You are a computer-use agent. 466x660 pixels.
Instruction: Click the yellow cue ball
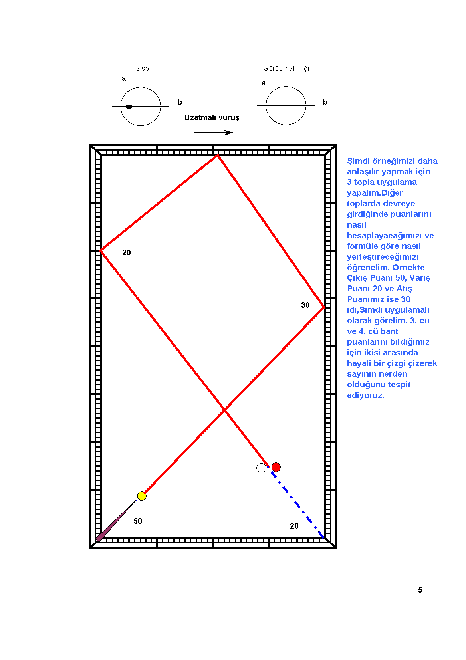tap(142, 496)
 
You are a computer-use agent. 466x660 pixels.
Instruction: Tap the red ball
tap(276, 467)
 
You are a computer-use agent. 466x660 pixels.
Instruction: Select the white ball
tap(261, 468)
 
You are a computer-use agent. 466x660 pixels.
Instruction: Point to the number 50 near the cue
tap(138, 521)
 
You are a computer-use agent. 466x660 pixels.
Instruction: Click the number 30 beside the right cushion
tap(305, 305)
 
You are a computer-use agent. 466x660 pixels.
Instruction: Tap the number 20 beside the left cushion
tap(127, 252)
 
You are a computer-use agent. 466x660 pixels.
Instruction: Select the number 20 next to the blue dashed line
tap(294, 526)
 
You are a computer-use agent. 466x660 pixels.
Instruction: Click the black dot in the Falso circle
tap(129, 107)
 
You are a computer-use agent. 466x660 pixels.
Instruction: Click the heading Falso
tap(140, 68)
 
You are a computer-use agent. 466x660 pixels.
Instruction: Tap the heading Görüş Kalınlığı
tap(286, 69)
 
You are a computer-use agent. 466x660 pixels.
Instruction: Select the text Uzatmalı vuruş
tap(212, 117)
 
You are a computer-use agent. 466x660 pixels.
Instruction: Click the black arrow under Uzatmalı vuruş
tap(214, 133)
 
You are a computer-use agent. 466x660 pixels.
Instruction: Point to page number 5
tap(420, 590)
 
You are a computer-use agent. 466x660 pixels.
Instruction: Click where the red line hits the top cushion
tap(218, 155)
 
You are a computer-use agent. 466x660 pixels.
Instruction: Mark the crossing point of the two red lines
tap(224, 410)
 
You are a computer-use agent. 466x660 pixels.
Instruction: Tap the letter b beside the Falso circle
tap(180, 102)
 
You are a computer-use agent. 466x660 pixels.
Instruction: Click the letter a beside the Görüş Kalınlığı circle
tap(264, 83)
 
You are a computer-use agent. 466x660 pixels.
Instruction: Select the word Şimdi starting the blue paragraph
tap(359, 161)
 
